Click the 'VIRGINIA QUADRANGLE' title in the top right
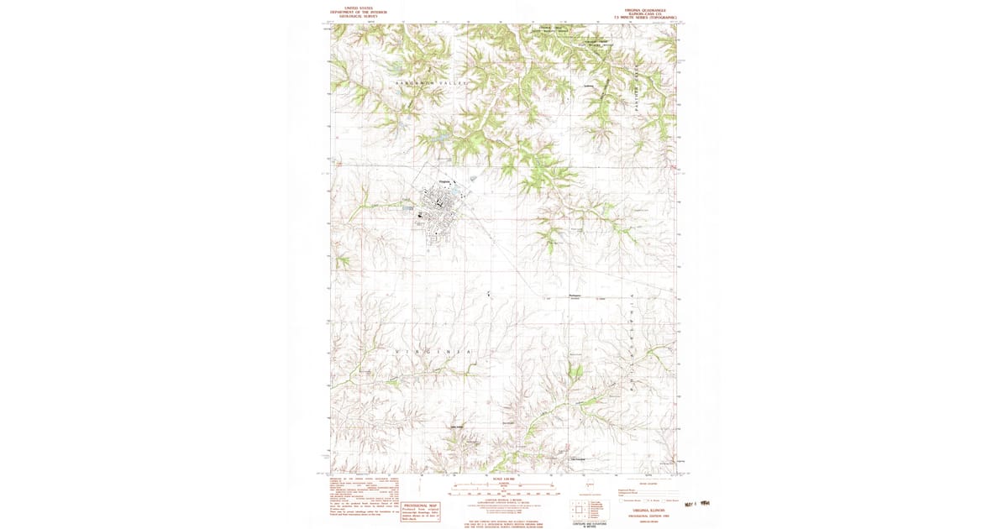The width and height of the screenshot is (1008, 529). pyautogui.click(x=650, y=9)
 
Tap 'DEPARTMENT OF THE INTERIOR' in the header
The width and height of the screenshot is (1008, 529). pyautogui.click(x=354, y=12)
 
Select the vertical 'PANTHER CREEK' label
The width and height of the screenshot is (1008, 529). pyautogui.click(x=638, y=84)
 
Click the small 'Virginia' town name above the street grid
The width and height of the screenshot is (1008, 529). pyautogui.click(x=445, y=181)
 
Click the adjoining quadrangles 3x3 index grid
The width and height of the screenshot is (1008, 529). pyautogui.click(x=579, y=509)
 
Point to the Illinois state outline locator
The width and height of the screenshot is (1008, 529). pyautogui.click(x=590, y=484)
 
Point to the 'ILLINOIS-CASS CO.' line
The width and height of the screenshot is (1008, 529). pyautogui.click(x=650, y=13)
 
